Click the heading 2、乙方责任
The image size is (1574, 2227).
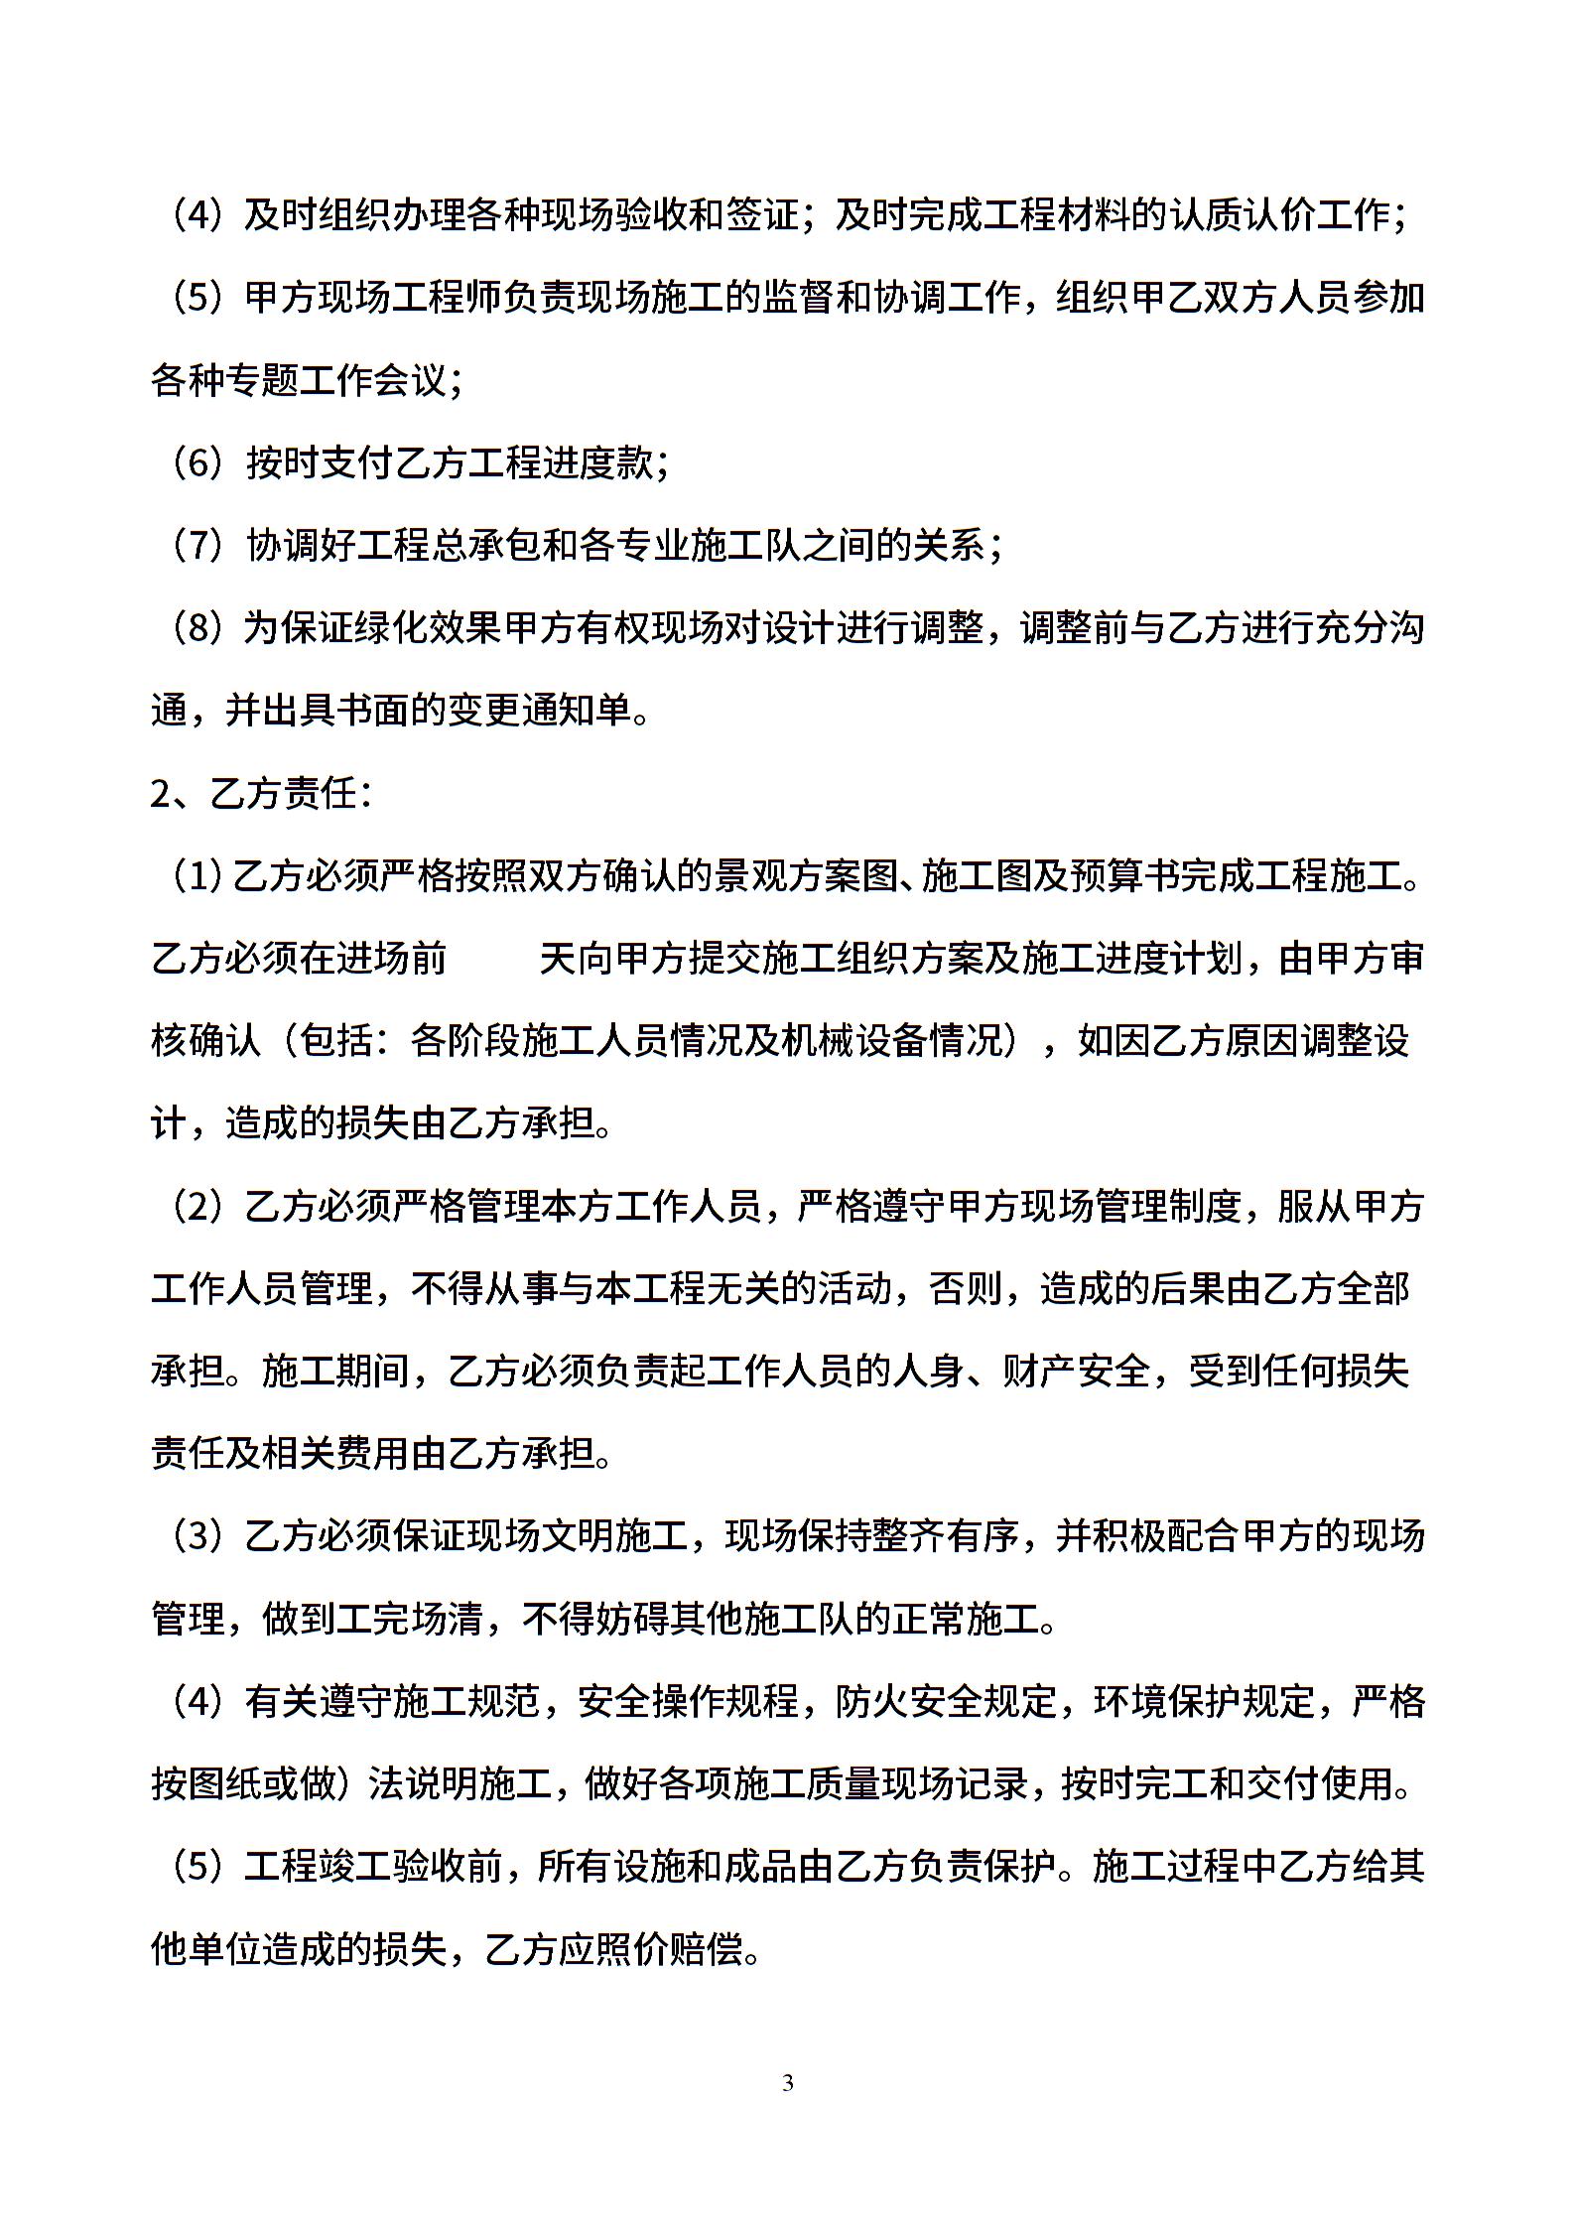(x=260, y=794)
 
